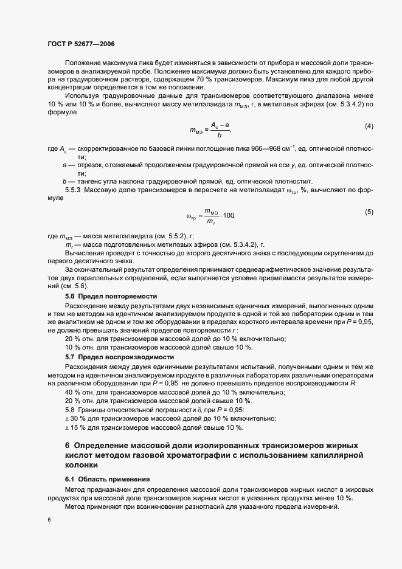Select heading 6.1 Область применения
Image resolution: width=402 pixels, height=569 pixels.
click(x=103, y=479)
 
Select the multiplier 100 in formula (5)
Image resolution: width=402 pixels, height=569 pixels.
click(x=229, y=216)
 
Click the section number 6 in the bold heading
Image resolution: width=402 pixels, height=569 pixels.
click(x=68, y=446)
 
